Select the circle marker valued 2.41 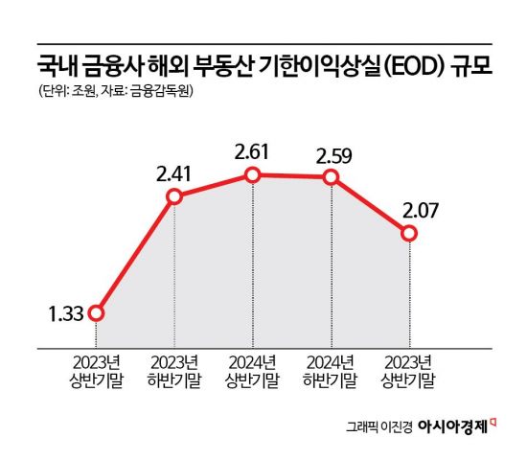(173, 197)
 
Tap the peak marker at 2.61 (252, 174)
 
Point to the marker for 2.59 (331, 177)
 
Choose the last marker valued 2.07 (409, 234)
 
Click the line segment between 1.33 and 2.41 (134, 255)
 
